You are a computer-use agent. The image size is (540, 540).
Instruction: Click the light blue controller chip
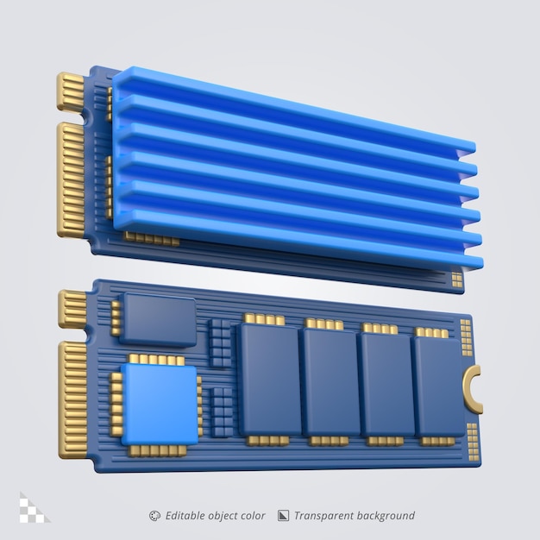coord(159,401)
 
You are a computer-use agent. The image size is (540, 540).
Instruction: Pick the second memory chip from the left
coord(330,380)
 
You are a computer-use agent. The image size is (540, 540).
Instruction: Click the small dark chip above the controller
coord(159,319)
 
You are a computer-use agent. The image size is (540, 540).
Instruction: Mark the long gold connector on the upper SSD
coord(70,179)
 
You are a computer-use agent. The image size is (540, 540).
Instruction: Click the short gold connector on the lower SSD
coord(72,309)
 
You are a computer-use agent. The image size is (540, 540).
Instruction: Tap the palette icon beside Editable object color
coord(154,516)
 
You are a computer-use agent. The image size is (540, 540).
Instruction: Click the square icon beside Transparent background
coord(283,516)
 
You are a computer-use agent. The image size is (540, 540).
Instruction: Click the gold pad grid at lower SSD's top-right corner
coord(466,337)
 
